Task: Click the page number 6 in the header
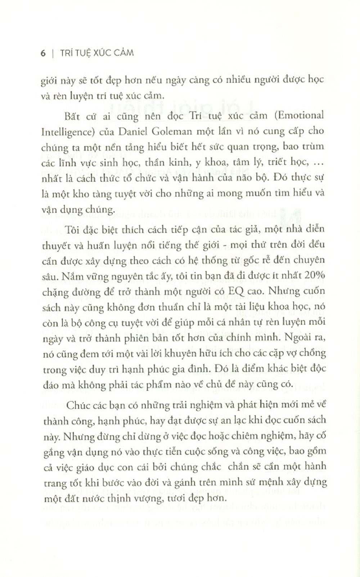[x=43, y=53]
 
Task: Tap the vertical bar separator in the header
[x=53, y=53]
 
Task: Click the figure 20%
[x=316, y=275]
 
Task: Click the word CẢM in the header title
[x=122, y=53]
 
